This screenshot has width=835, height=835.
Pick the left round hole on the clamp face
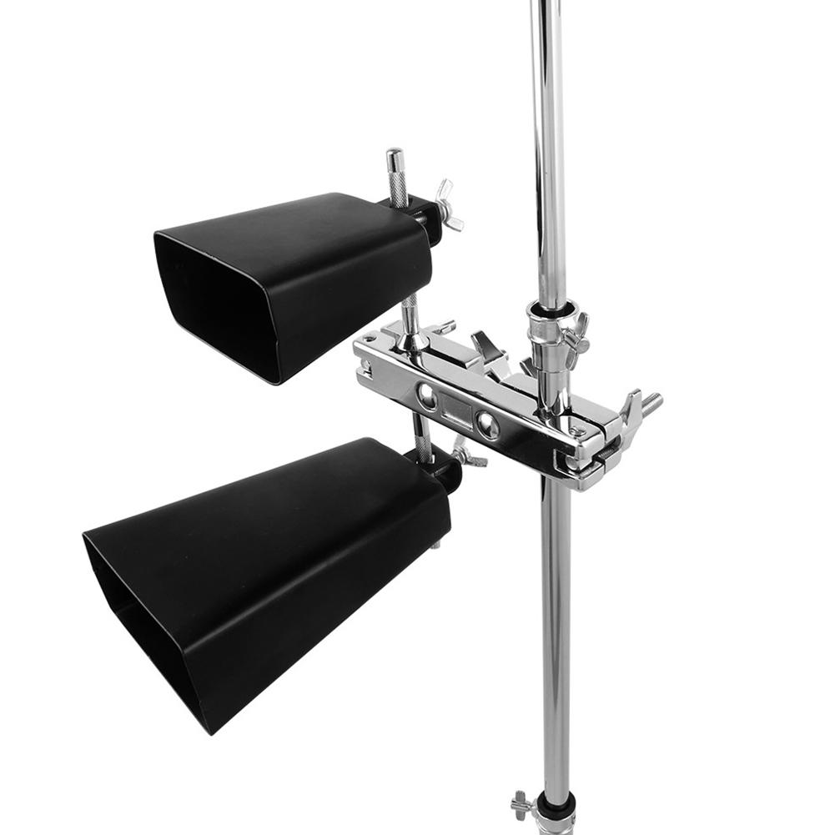pos(427,396)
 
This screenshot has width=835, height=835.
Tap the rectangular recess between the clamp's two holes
pos(456,410)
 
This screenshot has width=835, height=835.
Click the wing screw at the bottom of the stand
pos(521,804)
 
